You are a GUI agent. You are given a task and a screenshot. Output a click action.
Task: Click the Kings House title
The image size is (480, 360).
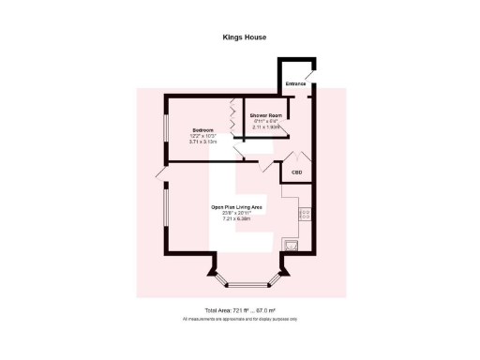point(239,38)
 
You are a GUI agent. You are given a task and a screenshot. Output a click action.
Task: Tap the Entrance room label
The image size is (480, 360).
point(295,83)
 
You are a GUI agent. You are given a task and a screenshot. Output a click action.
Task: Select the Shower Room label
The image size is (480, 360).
point(266,114)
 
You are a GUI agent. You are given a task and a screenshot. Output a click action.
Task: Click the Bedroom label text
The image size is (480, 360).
point(203,129)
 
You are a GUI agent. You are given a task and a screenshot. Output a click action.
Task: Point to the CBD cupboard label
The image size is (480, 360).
point(296,172)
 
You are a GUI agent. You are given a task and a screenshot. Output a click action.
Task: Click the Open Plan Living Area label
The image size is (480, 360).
point(235,207)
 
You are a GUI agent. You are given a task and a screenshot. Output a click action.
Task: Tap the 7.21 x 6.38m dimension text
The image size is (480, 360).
point(235,218)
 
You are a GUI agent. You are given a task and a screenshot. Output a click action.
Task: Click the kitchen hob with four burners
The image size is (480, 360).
point(305,215)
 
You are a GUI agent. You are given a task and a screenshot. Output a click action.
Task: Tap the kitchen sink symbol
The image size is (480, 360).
point(293,246)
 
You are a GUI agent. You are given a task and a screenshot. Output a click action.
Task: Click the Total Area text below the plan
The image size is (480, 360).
point(239,310)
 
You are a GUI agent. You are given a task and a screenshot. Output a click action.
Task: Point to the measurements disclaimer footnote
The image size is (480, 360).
point(239,320)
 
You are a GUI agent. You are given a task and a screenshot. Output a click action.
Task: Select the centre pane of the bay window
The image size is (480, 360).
point(239,282)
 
